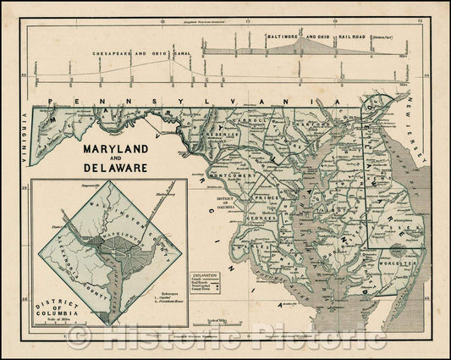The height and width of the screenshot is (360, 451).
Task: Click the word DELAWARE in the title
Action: (118, 168)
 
